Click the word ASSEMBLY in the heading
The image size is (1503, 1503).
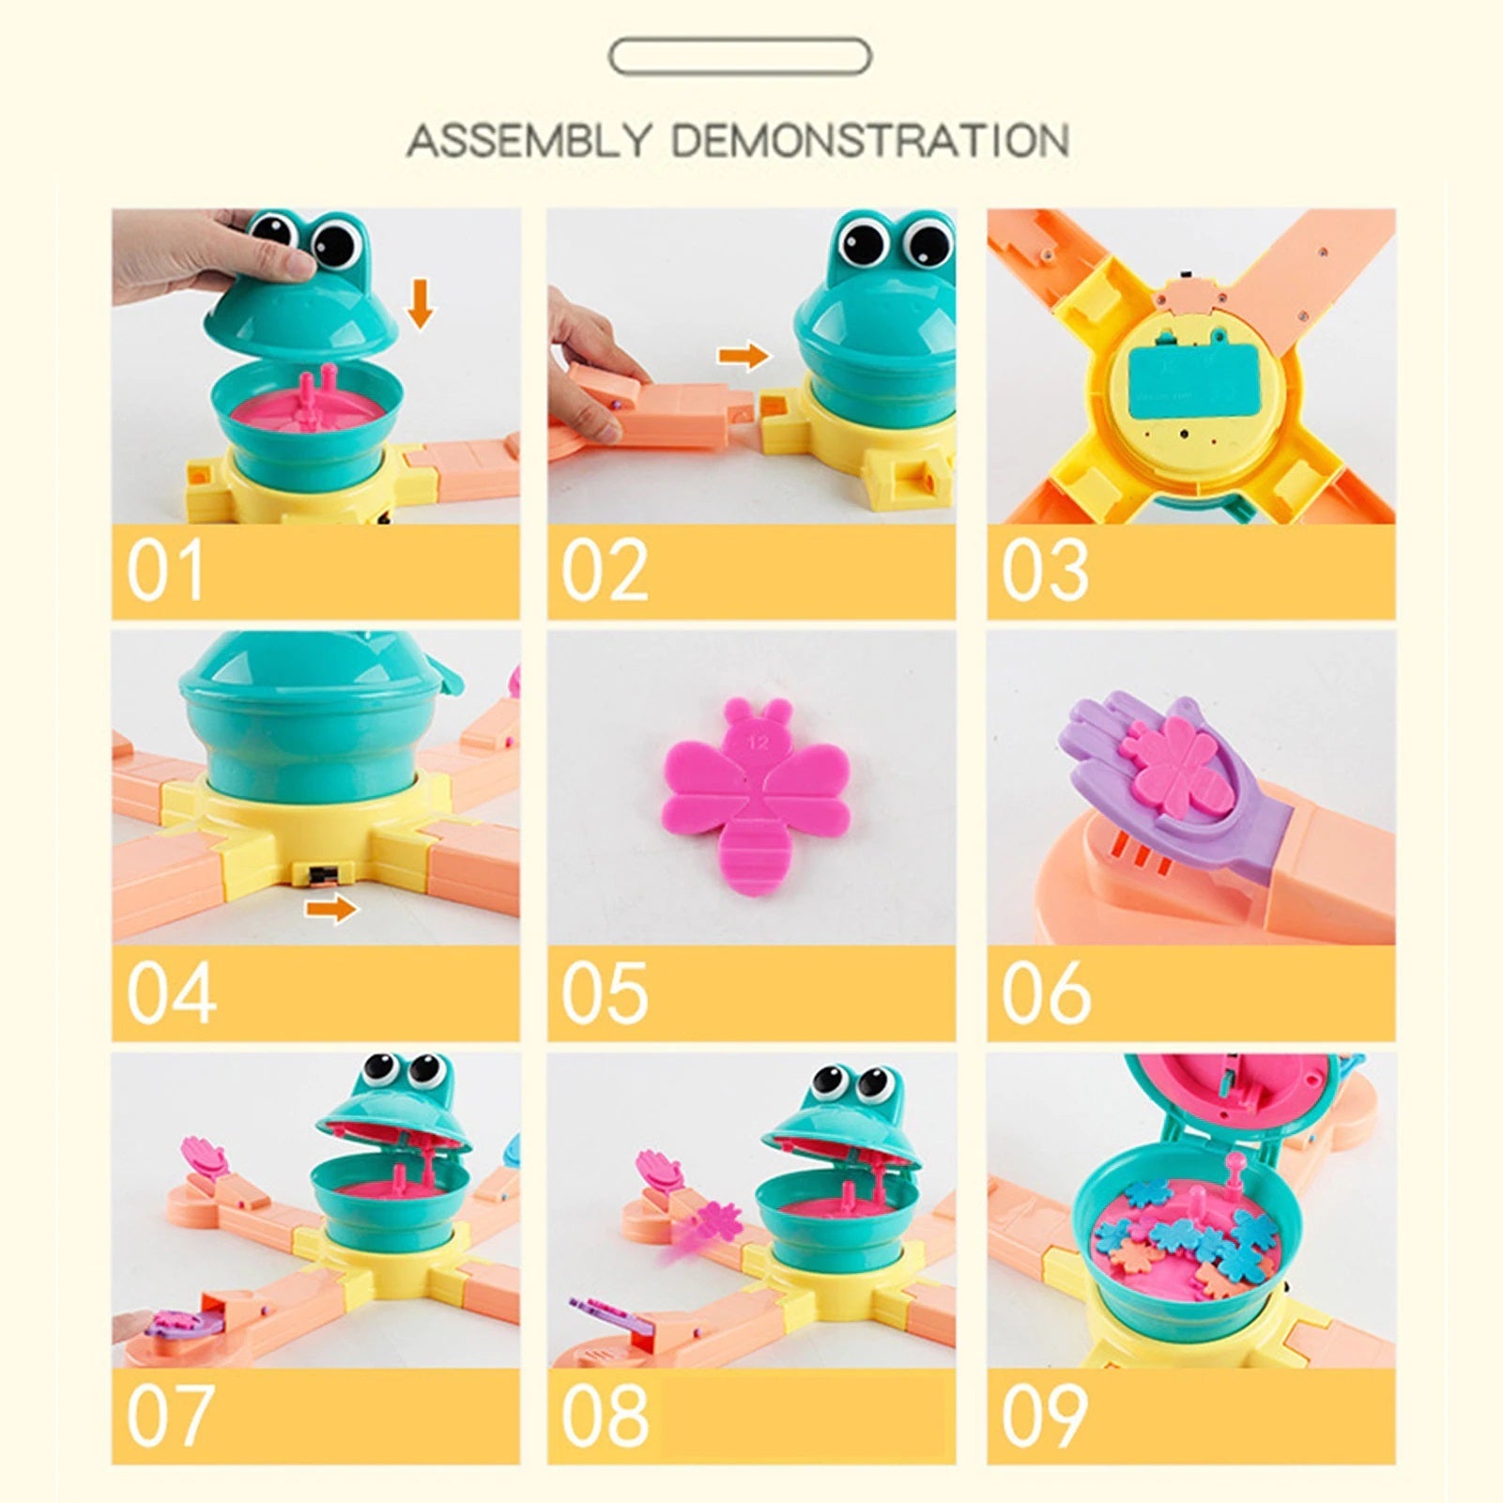(529, 141)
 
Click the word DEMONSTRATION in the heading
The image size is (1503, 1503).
(870, 141)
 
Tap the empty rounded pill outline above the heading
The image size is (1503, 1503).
(740, 57)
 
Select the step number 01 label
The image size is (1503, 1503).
(165, 571)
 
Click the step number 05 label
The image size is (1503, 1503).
(605, 993)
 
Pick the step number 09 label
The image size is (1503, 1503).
(1044, 1415)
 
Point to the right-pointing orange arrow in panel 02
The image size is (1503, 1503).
(744, 357)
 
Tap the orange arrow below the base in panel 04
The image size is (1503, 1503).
(331, 909)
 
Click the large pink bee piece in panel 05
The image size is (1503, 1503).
(757, 798)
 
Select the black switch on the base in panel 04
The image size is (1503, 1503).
(323, 875)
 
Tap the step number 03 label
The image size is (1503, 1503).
(1044, 571)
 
